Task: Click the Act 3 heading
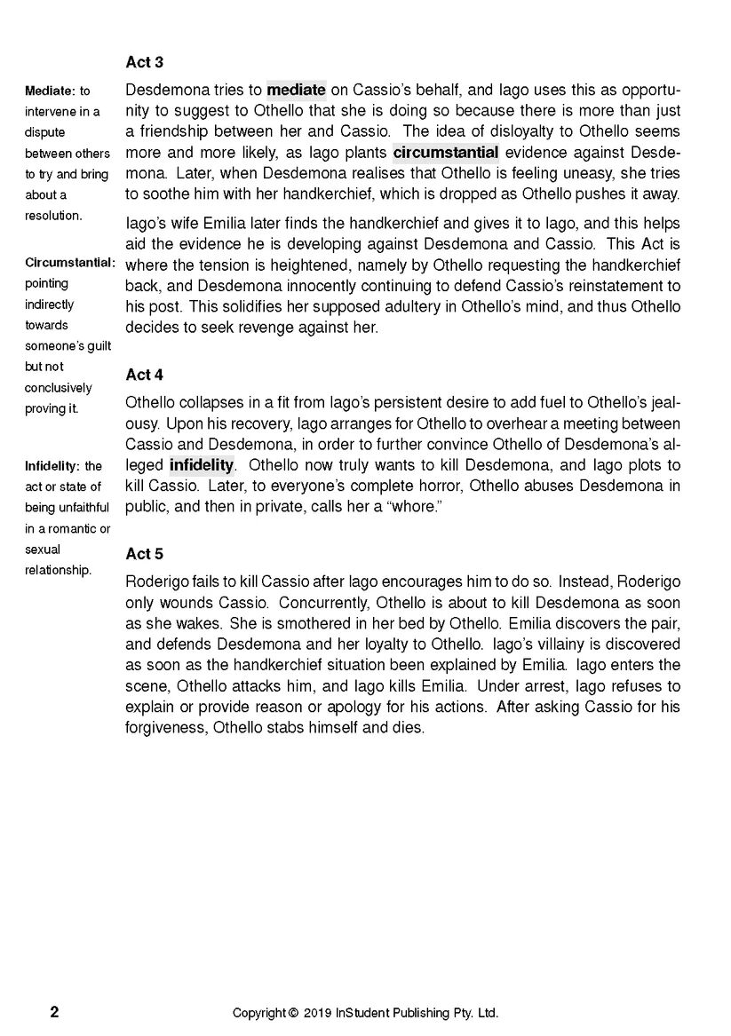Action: [145, 62]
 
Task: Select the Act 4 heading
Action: [145, 375]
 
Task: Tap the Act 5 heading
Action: [145, 554]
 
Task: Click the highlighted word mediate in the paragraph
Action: [297, 90]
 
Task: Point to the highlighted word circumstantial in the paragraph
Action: [445, 152]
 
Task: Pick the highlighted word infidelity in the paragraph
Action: [202, 465]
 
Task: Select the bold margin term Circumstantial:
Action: [70, 263]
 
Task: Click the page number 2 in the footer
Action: [55, 1012]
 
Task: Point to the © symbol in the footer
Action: [293, 1013]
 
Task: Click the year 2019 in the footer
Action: [317, 1013]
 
